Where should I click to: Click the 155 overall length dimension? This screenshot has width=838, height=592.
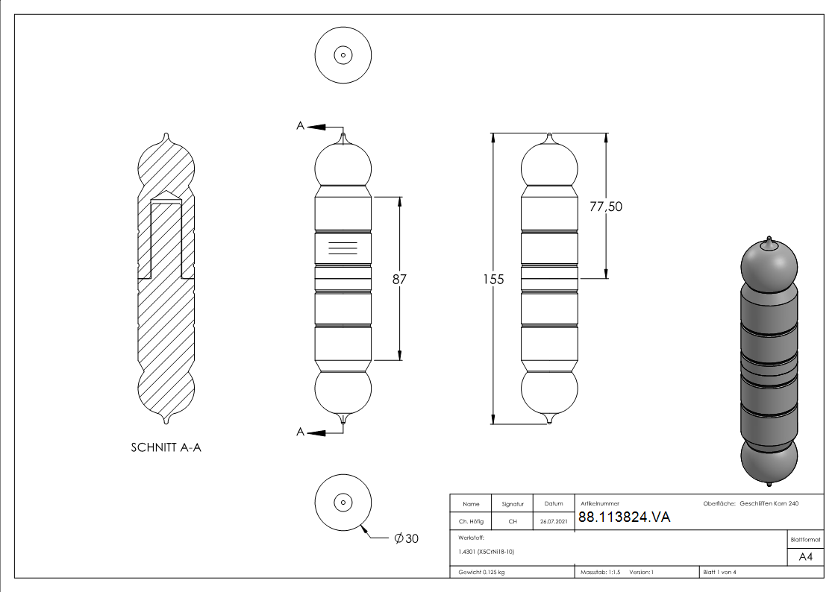pyautogui.click(x=493, y=280)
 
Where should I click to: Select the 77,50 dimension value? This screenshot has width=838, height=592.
pyautogui.click(x=605, y=207)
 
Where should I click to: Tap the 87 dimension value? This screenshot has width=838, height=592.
pyautogui.click(x=400, y=279)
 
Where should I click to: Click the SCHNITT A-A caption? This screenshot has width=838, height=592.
pyautogui.click(x=166, y=448)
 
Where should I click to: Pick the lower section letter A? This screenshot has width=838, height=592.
pyautogui.click(x=300, y=432)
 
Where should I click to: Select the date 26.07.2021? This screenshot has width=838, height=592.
pyautogui.click(x=553, y=522)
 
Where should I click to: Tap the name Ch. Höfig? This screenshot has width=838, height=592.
pyautogui.click(x=470, y=522)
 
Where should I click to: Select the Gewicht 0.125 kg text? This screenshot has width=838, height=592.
pyautogui.click(x=482, y=573)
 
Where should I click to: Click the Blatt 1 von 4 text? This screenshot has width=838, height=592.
pyautogui.click(x=719, y=573)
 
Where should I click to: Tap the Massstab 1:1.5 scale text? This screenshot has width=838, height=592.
pyautogui.click(x=601, y=573)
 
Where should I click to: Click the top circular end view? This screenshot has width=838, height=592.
pyautogui.click(x=343, y=54)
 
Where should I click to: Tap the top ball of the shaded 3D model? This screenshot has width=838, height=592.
pyautogui.click(x=769, y=265)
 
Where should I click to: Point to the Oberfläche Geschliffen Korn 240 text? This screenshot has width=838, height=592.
pyautogui.click(x=751, y=504)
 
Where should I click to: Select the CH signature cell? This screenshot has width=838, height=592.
pyautogui.click(x=513, y=522)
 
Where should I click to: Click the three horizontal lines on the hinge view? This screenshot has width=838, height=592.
pyautogui.click(x=343, y=248)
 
